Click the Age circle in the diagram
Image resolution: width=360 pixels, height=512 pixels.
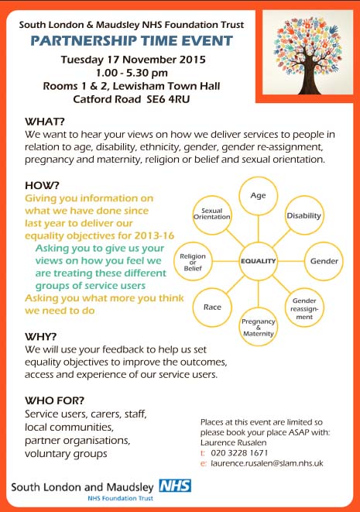[258, 197]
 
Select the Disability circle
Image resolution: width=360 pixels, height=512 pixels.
[303, 215]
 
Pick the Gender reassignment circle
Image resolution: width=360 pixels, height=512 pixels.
[303, 308]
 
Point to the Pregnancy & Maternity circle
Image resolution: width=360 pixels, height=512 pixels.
[258, 327]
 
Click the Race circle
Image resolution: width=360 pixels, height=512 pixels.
[212, 308]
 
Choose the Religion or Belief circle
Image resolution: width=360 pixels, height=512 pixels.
[192, 262]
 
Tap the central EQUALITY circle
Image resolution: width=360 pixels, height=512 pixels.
[258, 261]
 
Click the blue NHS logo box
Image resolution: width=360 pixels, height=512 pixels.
[174, 486]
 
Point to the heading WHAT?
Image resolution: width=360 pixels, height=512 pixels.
[46, 122]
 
